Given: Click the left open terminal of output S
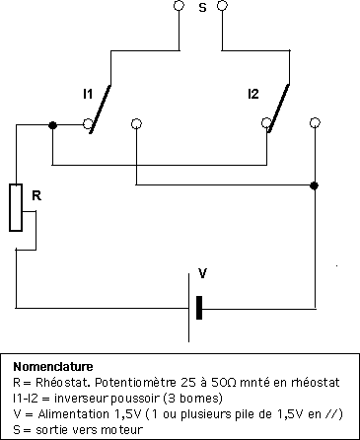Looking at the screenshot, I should click(x=179, y=7).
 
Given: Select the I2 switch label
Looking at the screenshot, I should click(x=253, y=94).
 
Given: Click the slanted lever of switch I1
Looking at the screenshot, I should click(x=102, y=106).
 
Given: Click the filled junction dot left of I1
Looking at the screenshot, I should click(x=53, y=124).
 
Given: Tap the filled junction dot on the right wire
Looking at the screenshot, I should click(x=314, y=185).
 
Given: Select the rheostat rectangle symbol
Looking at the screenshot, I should click(x=16, y=207).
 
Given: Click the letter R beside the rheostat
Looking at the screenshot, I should click(x=36, y=195).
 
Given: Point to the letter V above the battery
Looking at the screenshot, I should click(x=203, y=272).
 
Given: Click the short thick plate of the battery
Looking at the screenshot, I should click(x=200, y=308).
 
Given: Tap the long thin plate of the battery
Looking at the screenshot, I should click(x=187, y=308).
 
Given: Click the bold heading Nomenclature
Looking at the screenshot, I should click(x=49, y=366).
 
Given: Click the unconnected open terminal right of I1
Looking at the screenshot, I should click(x=136, y=124).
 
